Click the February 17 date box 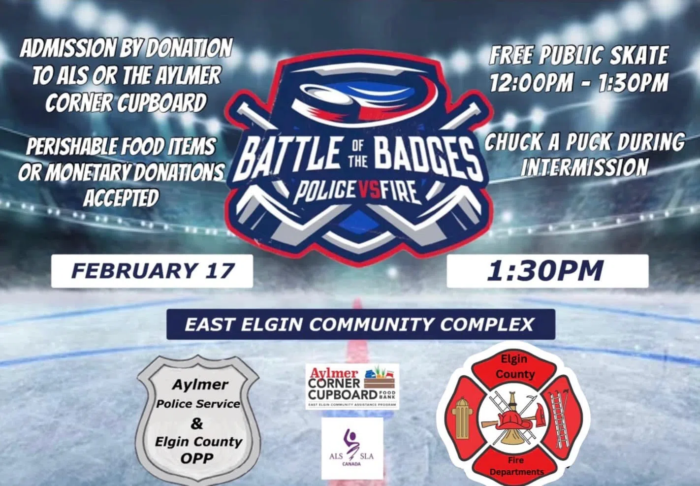152,271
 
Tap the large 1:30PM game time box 547,271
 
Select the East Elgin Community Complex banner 361,324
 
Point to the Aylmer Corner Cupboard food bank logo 352,387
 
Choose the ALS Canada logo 352,448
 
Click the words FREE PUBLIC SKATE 579,55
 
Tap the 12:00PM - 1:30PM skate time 579,83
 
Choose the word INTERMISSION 584,167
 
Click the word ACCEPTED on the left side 121,198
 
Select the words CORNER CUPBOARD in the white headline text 126,102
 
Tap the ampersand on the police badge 196,423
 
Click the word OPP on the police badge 197,458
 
